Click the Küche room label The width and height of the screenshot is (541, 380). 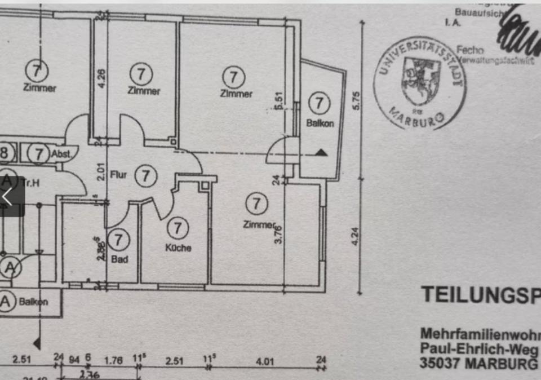click(178, 248)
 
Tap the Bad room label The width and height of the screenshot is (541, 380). click(119, 259)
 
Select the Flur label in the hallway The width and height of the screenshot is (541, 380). click(118, 175)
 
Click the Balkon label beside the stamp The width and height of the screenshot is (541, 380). click(320, 123)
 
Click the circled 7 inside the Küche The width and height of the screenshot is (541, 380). click(178, 228)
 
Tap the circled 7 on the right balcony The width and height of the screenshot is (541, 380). click(320, 103)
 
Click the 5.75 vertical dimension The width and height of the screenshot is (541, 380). click(355, 101)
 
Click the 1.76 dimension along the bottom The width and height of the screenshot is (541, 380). click(114, 361)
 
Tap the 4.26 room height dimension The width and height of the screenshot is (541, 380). click(101, 77)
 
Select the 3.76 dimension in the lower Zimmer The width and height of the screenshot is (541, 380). click(277, 234)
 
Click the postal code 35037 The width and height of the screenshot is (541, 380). click(440, 363)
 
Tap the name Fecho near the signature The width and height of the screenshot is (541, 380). click(471, 50)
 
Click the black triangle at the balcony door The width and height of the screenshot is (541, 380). click(321, 152)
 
